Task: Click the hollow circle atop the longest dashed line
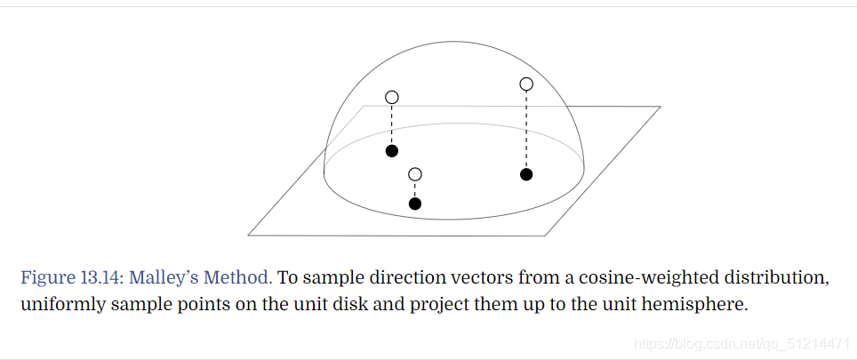[x=526, y=84]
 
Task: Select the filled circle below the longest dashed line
[x=526, y=174]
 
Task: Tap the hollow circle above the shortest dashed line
[x=414, y=174]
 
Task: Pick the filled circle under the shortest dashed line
[x=414, y=204]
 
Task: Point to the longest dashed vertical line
[x=526, y=129]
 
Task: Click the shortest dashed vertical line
[x=414, y=188]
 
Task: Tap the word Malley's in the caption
[x=169, y=277]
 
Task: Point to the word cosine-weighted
[x=640, y=277]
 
